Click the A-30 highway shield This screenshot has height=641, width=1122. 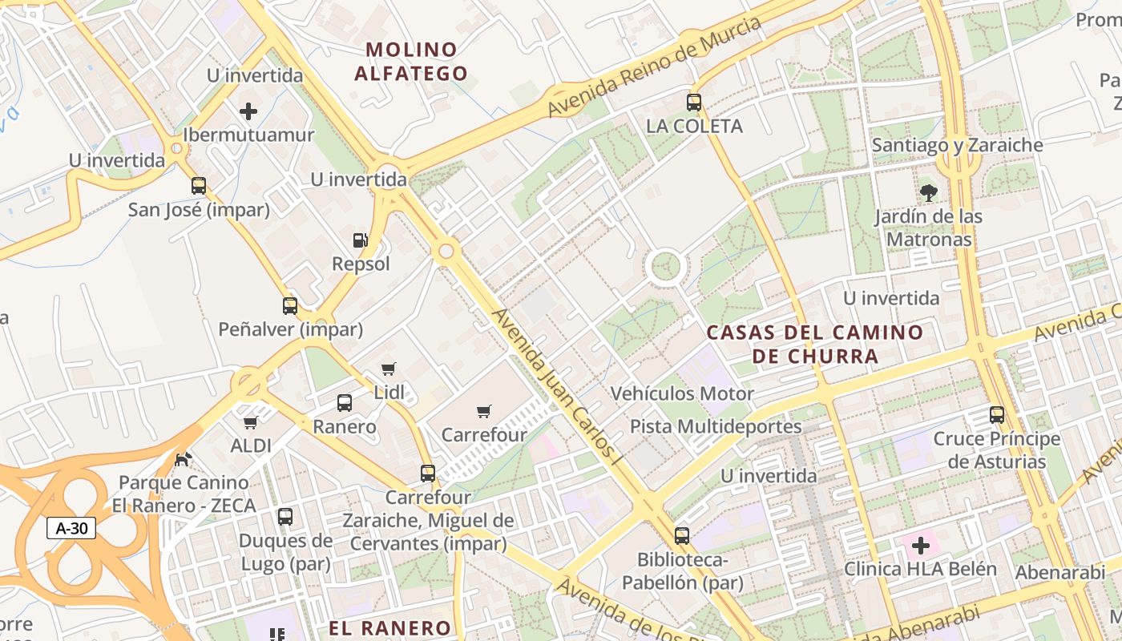71,528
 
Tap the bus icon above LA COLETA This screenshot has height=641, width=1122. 694,103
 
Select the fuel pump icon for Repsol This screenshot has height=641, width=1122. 361,240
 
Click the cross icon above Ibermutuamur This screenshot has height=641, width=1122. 248,111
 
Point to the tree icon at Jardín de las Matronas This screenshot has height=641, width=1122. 929,192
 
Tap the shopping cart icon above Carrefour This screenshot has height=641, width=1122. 484,411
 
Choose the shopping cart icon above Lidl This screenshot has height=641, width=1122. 389,369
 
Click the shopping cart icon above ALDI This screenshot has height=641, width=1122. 251,421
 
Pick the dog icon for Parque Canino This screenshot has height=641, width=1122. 184,459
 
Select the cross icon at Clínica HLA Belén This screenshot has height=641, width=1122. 921,546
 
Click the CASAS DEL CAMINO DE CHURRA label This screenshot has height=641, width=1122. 815,344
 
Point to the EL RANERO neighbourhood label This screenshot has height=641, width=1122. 390,627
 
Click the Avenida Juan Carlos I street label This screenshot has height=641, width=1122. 558,388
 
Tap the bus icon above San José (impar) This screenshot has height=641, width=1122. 199,186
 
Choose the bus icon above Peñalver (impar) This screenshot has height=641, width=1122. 290,305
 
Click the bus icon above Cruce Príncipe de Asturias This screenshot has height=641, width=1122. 997,415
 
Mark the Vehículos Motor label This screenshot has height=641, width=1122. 682,393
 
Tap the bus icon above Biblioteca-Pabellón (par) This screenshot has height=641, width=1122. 682,535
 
